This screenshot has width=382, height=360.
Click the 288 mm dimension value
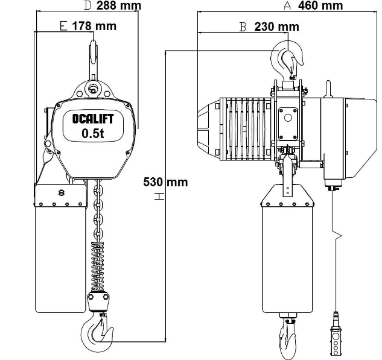(x=119, y=5)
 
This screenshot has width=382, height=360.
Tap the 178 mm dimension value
(x=94, y=26)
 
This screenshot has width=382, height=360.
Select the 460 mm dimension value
(x=320, y=5)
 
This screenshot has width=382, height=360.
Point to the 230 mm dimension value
(x=277, y=27)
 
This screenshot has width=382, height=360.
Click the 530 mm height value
(x=165, y=182)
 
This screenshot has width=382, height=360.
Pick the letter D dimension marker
(x=88, y=5)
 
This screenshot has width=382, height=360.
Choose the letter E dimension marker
(x=63, y=26)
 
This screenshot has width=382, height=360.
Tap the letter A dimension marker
(x=287, y=6)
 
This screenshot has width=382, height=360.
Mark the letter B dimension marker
(x=243, y=27)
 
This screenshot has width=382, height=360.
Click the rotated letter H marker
(x=159, y=197)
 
